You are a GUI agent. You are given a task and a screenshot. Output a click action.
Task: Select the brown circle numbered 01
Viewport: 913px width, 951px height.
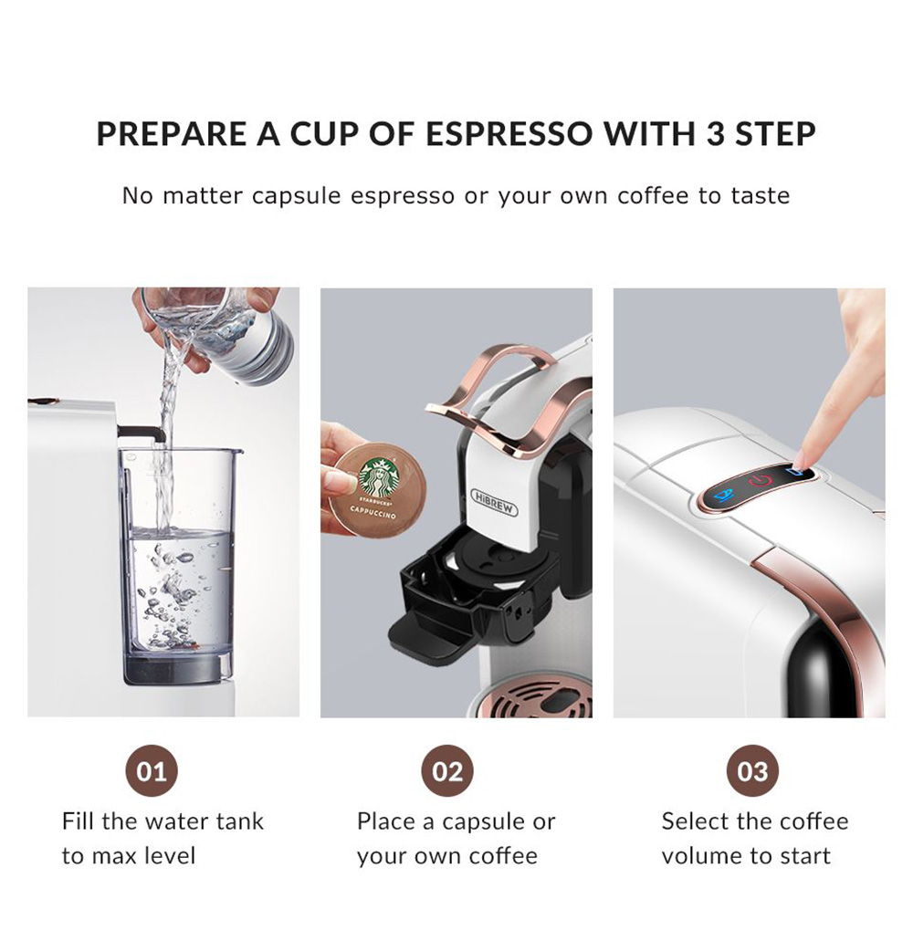(152, 771)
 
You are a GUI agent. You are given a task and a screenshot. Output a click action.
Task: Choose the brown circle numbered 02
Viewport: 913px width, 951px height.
(447, 771)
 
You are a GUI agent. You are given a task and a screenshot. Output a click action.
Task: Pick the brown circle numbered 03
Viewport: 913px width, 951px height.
(752, 771)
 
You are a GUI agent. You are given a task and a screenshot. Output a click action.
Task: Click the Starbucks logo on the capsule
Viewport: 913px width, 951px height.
(379, 478)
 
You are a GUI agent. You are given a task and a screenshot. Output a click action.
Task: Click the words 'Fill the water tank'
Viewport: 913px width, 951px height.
(163, 821)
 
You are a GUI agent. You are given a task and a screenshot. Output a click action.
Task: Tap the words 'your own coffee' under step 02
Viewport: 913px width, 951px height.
(446, 856)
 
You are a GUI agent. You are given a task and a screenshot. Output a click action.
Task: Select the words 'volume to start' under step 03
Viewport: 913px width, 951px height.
(746, 856)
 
